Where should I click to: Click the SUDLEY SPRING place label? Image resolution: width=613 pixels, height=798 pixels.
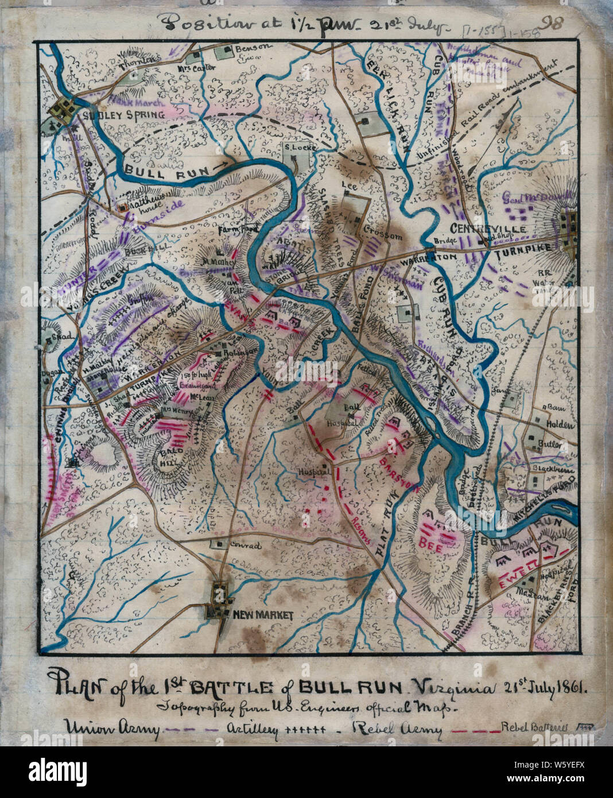pos(124,115)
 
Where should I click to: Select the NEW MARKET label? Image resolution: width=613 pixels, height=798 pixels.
pos(262,615)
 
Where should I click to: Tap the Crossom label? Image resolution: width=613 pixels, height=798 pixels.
pos(377,236)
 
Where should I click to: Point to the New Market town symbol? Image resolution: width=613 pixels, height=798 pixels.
pos(219,598)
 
